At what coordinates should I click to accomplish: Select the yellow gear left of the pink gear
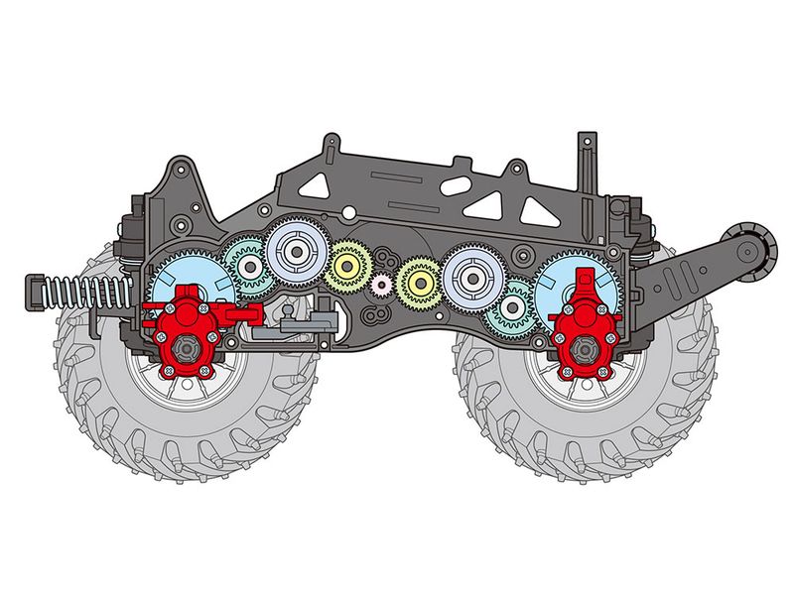click(348, 265)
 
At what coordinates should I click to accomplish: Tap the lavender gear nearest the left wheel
click(295, 254)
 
